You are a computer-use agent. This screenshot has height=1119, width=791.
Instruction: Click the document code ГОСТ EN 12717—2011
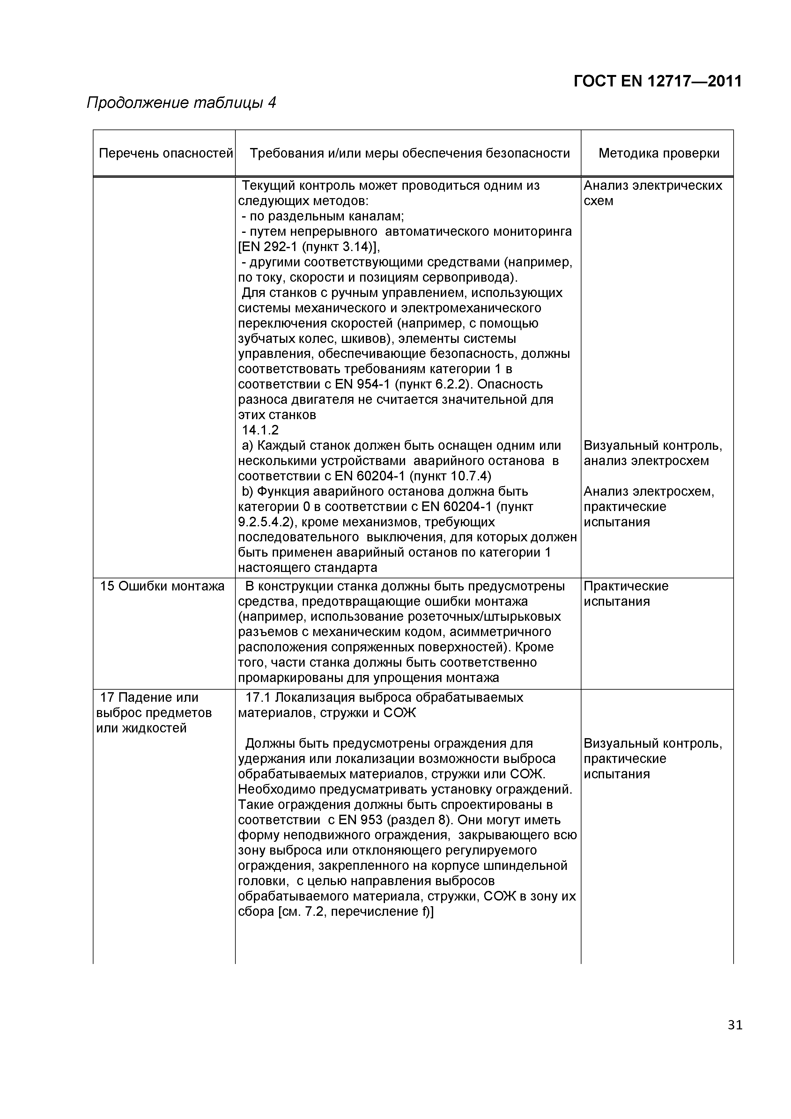(657, 81)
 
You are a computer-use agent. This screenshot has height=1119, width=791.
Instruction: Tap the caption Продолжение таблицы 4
(181, 103)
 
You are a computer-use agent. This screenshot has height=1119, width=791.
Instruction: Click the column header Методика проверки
(658, 153)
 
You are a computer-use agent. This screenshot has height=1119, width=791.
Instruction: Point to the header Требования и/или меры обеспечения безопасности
(410, 153)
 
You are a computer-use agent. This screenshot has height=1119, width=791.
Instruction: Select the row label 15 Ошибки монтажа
(162, 586)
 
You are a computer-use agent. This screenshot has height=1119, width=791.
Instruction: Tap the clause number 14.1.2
(260, 430)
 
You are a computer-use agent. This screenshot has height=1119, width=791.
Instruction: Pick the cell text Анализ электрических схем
(653, 193)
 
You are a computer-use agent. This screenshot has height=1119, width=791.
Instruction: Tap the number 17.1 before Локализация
(259, 697)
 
